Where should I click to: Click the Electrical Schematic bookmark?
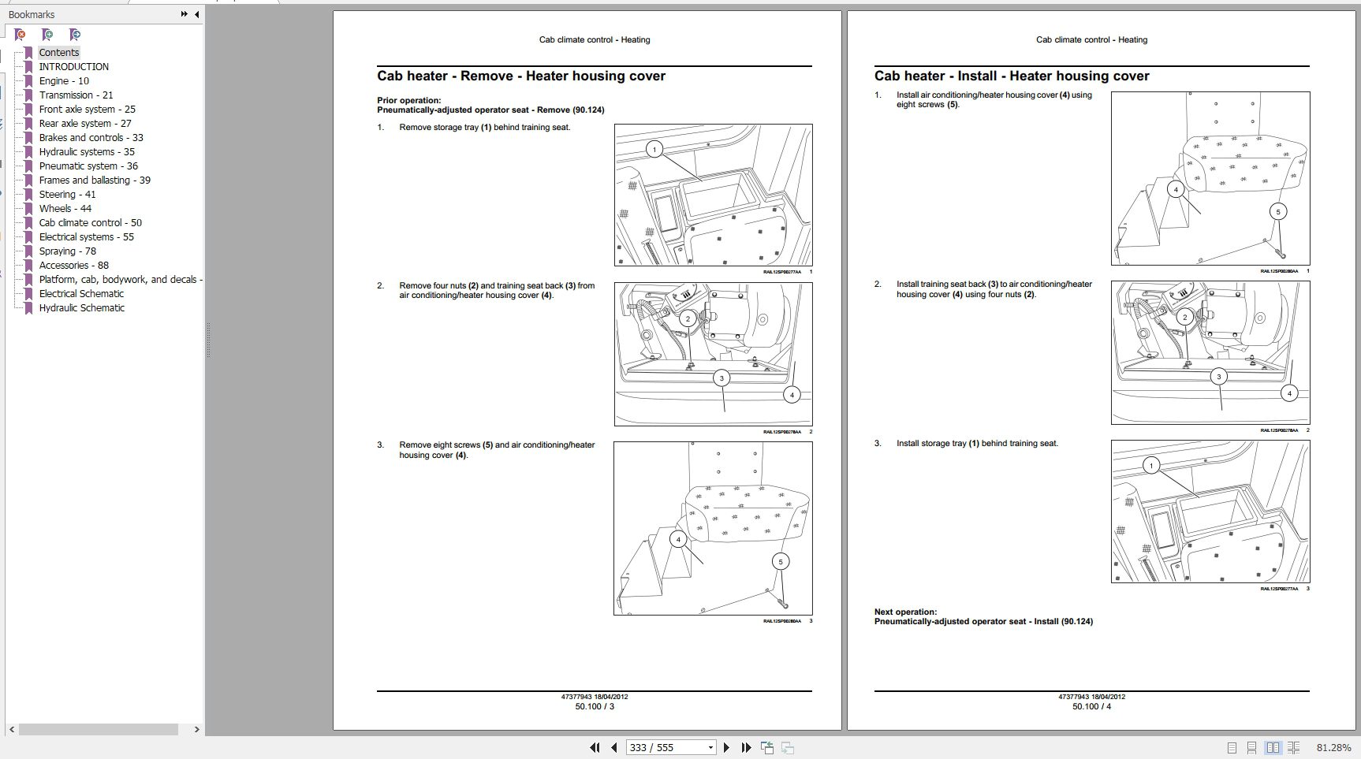click(81, 294)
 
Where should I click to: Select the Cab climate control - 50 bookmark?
click(90, 223)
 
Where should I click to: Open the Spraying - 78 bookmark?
click(67, 251)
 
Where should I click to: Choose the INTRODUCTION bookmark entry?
click(73, 67)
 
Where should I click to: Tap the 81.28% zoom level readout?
click(1333, 747)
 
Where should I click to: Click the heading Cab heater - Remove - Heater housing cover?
click(520, 76)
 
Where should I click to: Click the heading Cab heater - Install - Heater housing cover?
click(1011, 76)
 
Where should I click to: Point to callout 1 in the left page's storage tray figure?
click(654, 149)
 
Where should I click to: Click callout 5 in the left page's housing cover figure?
click(780, 561)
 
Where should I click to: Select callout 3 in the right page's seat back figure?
click(1218, 377)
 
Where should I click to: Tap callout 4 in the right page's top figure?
click(1176, 189)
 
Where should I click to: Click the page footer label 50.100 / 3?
click(594, 706)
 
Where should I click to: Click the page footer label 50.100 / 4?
click(1091, 706)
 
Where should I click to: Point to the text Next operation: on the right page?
click(905, 612)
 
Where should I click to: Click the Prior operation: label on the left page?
click(408, 100)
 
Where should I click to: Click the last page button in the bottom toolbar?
click(746, 747)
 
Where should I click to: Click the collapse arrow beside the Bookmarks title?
click(196, 14)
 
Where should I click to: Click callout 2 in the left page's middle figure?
click(688, 318)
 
